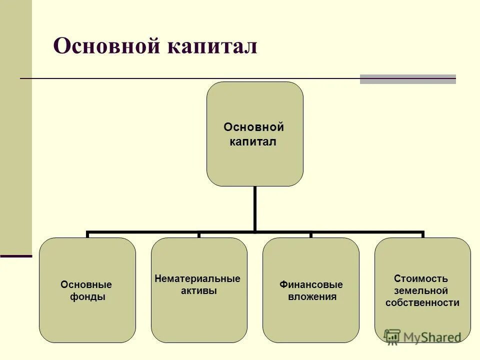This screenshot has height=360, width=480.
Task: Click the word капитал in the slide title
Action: pos(216,47)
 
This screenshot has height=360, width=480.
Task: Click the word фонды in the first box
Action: pos(88,297)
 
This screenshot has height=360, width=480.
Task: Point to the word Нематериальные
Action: pos(197,278)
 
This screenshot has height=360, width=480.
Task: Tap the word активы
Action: pos(198,290)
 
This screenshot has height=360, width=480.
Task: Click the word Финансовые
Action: pos(311,284)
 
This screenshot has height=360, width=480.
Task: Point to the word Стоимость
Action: pos(421,278)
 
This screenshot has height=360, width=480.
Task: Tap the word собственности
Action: pos(422,302)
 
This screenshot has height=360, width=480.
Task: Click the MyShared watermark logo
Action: pos(422,336)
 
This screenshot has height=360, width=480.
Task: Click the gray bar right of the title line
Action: pos(407,79)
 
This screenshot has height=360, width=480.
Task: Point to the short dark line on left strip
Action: pos(16,256)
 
